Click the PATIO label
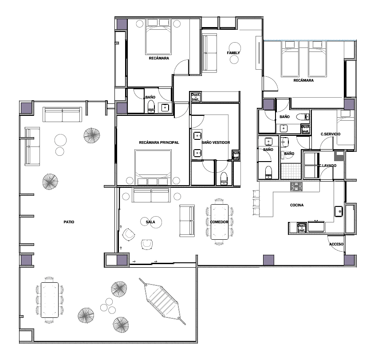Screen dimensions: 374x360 (x=69, y=222)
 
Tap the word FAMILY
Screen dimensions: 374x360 (x=233, y=53)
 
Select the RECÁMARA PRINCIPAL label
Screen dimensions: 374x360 (x=159, y=142)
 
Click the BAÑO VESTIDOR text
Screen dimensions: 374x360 (x=216, y=142)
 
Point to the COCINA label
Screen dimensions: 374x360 (x=297, y=205)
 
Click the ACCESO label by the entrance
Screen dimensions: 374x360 (x=336, y=244)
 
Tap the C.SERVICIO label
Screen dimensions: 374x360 (x=331, y=134)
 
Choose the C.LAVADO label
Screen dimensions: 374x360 (x=328, y=166)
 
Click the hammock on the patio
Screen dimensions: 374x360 (x=162, y=301)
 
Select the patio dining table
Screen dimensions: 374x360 (x=50, y=300)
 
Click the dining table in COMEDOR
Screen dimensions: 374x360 (x=220, y=222)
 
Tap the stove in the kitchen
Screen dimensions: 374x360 (x=296, y=187)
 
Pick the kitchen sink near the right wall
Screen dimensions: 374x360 (x=339, y=211)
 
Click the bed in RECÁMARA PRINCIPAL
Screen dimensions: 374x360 (x=153, y=167)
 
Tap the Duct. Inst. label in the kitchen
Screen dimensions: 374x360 (x=302, y=228)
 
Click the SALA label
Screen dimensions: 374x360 (x=150, y=222)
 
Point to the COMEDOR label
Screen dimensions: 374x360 (x=219, y=222)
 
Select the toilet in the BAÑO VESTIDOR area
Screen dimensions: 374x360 (x=224, y=178)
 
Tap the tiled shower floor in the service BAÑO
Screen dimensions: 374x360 (x=291, y=171)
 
